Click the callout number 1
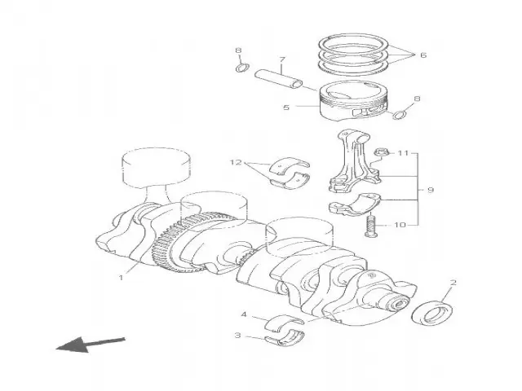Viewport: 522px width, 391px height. click(x=121, y=277)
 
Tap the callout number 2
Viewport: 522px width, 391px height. click(x=453, y=283)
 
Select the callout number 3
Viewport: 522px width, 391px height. click(x=237, y=335)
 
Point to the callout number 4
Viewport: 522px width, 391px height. click(x=243, y=314)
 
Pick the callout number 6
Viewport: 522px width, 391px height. click(x=422, y=55)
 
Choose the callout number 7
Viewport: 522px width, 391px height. click(x=281, y=59)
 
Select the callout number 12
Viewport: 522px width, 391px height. click(x=236, y=162)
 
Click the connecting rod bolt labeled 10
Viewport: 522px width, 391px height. click(x=374, y=224)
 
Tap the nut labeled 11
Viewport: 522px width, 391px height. click(x=380, y=152)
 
